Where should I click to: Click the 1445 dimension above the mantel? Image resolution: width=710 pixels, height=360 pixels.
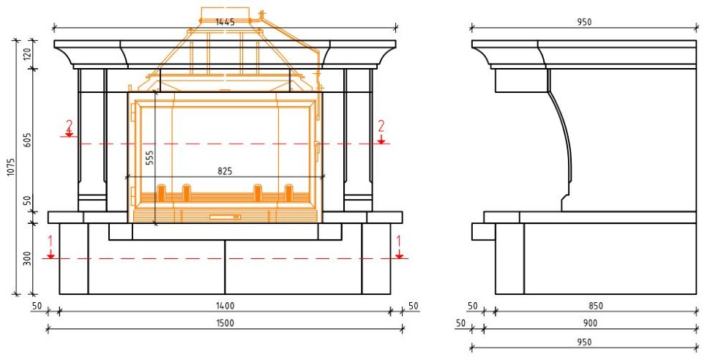225,22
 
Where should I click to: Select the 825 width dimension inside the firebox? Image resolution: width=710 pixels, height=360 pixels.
225,171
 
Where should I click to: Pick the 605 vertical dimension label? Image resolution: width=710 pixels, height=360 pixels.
28,140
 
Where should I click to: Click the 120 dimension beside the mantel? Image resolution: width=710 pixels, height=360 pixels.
28,53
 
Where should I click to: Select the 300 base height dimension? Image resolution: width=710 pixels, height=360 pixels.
28,258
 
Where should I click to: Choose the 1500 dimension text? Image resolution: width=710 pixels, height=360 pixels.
225,323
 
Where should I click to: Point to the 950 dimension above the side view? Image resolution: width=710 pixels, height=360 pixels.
583,22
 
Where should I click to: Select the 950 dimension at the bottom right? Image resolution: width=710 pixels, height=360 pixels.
583,342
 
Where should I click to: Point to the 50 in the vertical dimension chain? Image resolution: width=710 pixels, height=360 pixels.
28,200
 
